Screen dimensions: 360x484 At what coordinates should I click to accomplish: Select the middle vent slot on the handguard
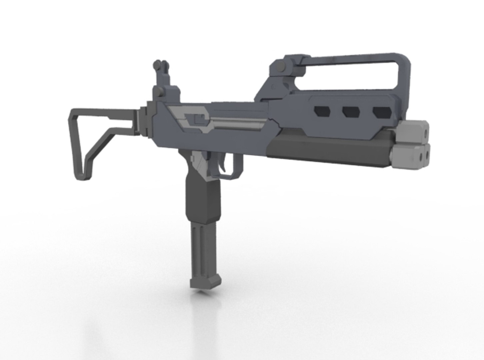pos(351,112)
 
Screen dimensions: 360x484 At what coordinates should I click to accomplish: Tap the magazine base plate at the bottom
pos(205,283)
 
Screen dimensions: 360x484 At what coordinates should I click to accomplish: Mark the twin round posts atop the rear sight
pos(160,64)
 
